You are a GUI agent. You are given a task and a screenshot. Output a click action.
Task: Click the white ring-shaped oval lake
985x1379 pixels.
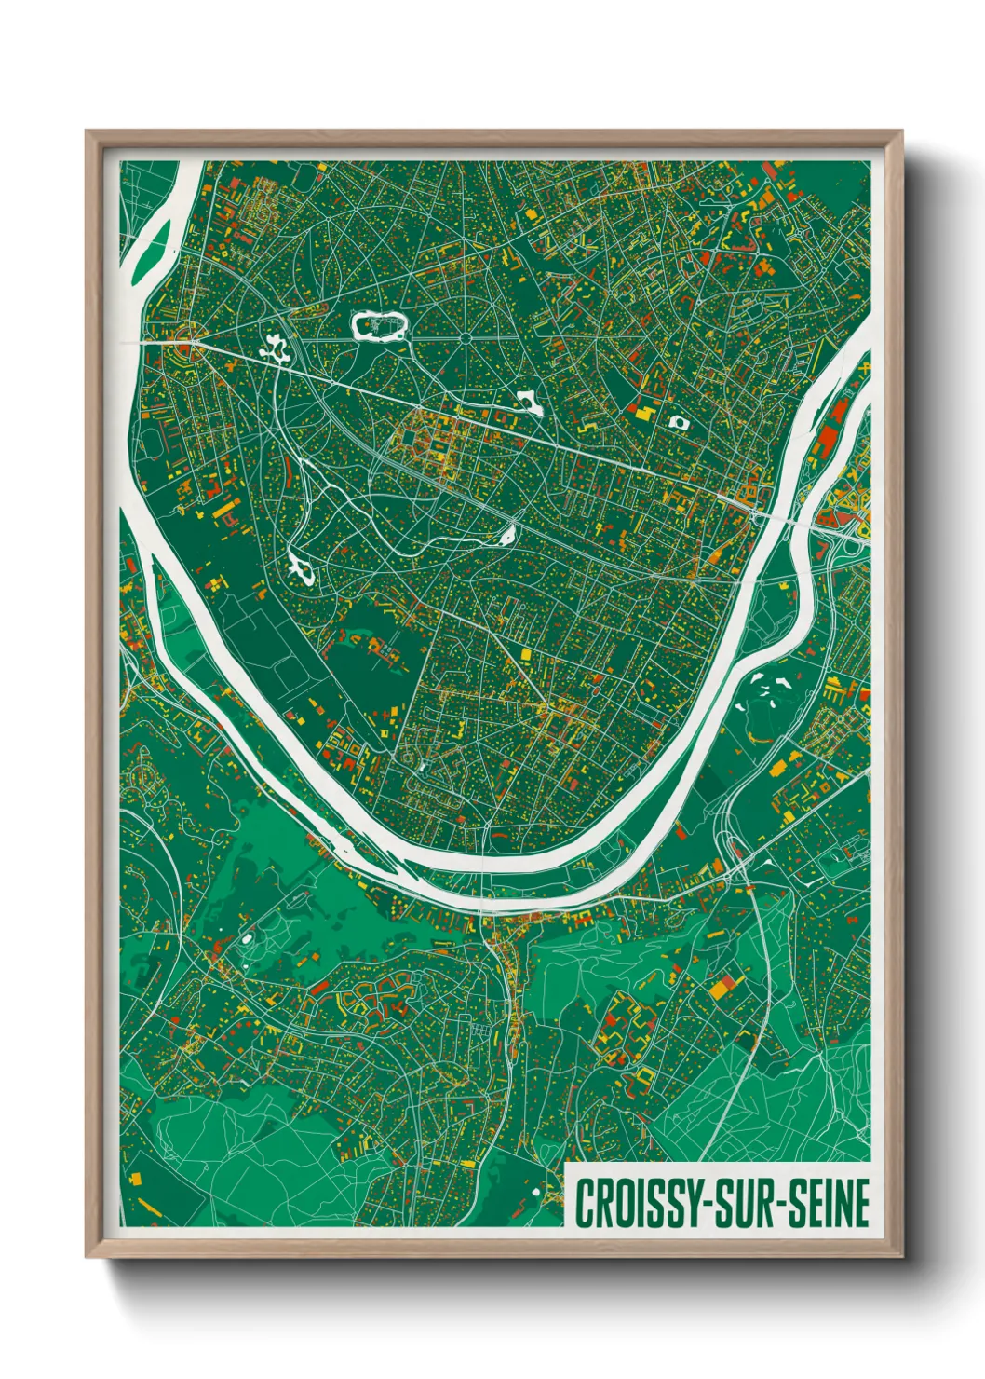click(379, 326)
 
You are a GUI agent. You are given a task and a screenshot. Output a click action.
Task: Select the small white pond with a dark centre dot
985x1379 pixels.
click(678, 422)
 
